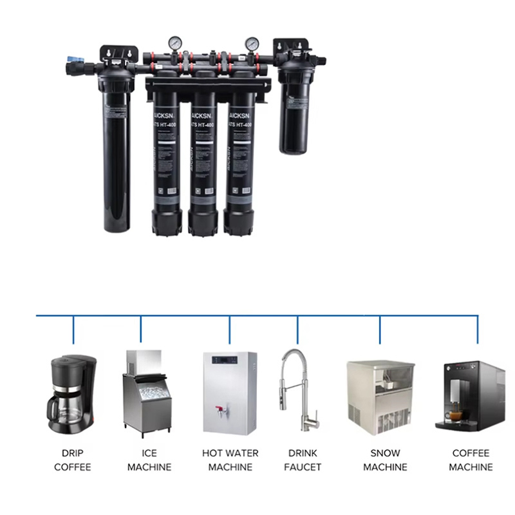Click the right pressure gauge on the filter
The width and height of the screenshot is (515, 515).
[x=252, y=44]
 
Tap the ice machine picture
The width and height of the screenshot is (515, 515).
[x=142, y=393]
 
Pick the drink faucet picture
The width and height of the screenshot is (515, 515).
[x=298, y=389]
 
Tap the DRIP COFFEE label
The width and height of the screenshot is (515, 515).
[x=73, y=460]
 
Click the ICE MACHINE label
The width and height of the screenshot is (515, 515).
[x=149, y=460]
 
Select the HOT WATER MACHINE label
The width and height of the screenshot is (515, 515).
[x=230, y=460]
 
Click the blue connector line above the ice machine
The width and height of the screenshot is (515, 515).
[x=142, y=328]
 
